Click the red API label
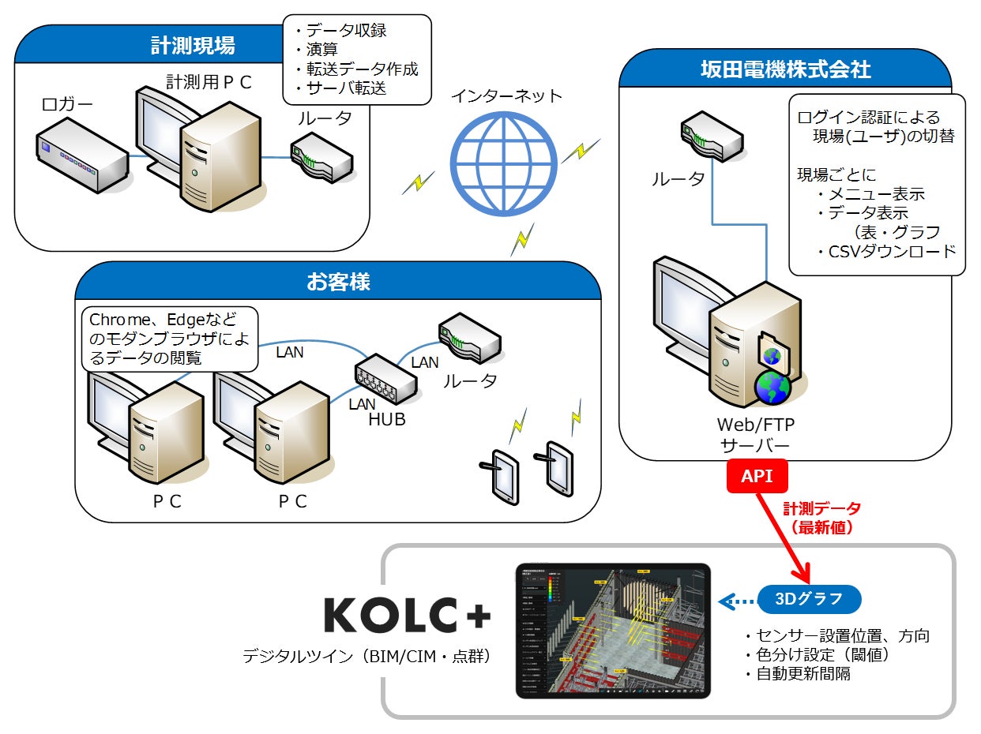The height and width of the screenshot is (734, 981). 757,477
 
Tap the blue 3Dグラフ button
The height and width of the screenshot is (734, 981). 810,598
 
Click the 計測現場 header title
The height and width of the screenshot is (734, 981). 193,46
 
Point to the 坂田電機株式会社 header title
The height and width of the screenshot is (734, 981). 786,69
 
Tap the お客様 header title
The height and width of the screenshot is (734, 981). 338,282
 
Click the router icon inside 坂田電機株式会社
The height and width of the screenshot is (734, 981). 710,134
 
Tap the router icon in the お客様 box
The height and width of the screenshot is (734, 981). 469,339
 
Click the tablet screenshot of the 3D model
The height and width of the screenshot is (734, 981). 613,630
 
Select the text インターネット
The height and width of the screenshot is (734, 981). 506,96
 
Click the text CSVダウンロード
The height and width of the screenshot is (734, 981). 886,251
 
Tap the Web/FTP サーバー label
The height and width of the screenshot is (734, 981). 756,435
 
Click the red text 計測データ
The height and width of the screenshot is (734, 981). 822,509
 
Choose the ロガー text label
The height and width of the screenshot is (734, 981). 67,104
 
